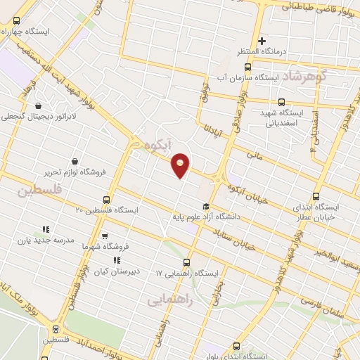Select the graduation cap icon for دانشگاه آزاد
click(x=205, y=207)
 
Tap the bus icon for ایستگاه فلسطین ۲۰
click(x=106, y=200)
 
